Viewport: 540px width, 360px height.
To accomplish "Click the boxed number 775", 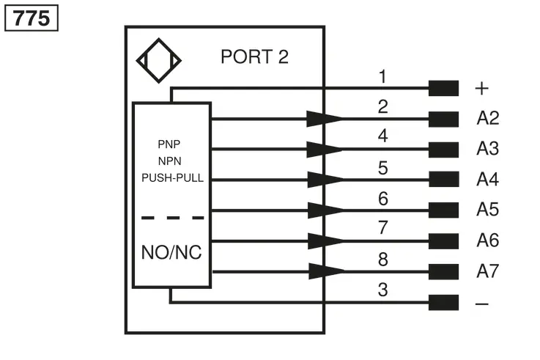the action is [x=32, y=18].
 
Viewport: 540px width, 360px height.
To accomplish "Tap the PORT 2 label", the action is [x=254, y=56].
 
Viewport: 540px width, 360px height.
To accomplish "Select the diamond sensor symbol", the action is [x=159, y=61].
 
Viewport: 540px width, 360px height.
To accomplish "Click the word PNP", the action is [x=169, y=144].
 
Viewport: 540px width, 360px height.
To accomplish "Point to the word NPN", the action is [x=169, y=161].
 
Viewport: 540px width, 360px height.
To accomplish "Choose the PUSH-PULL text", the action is [x=172, y=177].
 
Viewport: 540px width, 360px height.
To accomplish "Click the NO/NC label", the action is [x=171, y=252].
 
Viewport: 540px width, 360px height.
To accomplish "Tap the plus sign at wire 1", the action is [x=482, y=89].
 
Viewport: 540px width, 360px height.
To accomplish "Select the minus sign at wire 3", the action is [x=482, y=304].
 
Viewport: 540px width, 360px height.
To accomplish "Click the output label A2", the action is [x=488, y=118].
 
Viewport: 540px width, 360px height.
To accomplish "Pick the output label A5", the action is [x=488, y=209].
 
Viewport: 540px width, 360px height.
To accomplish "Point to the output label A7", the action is [x=488, y=271].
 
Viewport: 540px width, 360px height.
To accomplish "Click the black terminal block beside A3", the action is [x=443, y=150].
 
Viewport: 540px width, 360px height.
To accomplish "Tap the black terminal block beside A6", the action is [x=443, y=241].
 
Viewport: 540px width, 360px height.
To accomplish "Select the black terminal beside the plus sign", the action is [x=443, y=88].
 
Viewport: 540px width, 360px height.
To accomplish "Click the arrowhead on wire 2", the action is [x=325, y=119].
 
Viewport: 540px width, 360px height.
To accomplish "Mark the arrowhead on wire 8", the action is [x=327, y=271].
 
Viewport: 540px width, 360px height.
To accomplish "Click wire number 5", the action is [x=383, y=168].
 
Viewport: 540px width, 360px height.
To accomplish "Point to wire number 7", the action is [x=383, y=228].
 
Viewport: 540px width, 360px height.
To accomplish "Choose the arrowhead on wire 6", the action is [x=326, y=210].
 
